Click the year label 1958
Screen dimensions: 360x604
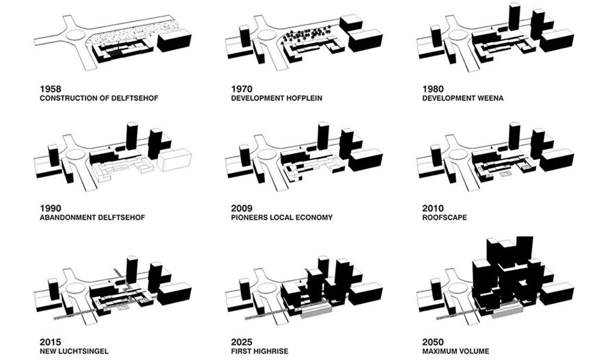(51, 88)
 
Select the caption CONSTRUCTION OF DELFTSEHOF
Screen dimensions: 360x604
(99, 98)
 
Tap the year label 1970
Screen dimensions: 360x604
(242, 88)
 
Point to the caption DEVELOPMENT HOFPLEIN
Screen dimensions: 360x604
(276, 98)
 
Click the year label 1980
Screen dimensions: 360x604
(434, 88)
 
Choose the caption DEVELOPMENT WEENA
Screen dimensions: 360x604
(462, 98)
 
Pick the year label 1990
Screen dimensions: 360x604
(51, 208)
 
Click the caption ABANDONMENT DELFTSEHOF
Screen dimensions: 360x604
(92, 218)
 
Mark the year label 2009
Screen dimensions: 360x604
(242, 208)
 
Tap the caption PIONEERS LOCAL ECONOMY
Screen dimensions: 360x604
(282, 218)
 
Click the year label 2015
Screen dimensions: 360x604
(51, 342)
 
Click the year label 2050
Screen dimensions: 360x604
(434, 342)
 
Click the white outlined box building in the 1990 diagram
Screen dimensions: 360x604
(175, 160)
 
